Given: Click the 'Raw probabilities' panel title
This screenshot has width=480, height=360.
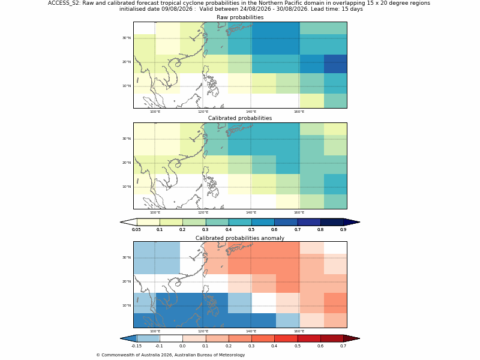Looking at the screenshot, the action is pyautogui.click(x=240, y=17).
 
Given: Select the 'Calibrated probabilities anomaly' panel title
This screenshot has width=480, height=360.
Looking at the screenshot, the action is pyautogui.click(x=240, y=238).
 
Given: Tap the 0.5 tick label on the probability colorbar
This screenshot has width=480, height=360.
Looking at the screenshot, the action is pyautogui.click(x=251, y=230).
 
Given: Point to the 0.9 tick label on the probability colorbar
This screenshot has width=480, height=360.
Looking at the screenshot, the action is pyautogui.click(x=343, y=230).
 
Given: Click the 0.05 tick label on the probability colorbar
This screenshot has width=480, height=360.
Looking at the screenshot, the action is pyautogui.click(x=137, y=230).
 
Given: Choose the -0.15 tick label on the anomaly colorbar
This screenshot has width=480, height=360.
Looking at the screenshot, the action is pyautogui.click(x=137, y=346).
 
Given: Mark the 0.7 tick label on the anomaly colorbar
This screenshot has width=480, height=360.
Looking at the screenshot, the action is pyautogui.click(x=343, y=346).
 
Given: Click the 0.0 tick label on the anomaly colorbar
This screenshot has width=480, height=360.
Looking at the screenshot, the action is pyautogui.click(x=182, y=346).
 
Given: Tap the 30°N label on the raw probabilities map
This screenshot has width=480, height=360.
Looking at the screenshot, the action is pyautogui.click(x=127, y=38).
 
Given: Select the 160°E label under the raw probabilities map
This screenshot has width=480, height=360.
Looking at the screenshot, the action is pyautogui.click(x=299, y=112).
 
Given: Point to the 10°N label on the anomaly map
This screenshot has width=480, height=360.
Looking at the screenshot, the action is pyautogui.click(x=127, y=305).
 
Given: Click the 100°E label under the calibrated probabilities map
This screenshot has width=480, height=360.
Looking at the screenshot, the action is pyautogui.click(x=155, y=212).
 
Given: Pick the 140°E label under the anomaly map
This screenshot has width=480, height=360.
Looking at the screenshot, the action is pyautogui.click(x=251, y=331).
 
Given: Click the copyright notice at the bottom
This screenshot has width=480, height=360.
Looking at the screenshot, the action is pyautogui.click(x=170, y=355).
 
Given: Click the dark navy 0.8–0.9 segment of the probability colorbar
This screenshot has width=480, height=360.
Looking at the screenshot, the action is pyautogui.click(x=332, y=222).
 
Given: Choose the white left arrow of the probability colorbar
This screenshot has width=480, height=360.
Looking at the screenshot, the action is pyautogui.click(x=128, y=222).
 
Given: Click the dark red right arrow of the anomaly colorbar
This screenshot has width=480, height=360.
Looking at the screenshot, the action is pyautogui.click(x=352, y=338).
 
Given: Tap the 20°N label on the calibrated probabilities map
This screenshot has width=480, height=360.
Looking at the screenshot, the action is pyautogui.click(x=127, y=163).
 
